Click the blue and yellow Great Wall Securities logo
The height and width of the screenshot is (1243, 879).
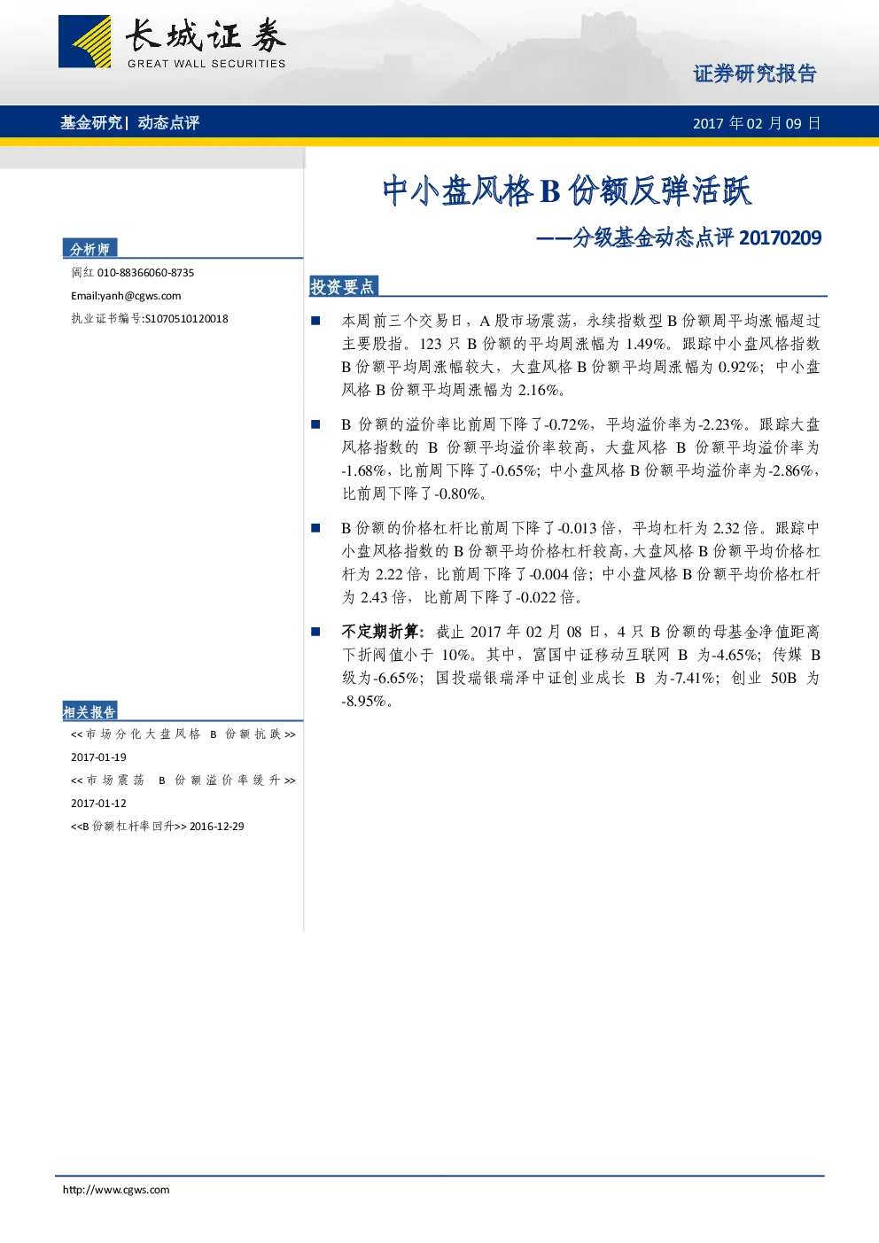(x=84, y=42)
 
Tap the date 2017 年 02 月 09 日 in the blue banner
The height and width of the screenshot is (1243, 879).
(x=757, y=123)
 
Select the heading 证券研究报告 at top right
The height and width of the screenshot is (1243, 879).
(x=755, y=74)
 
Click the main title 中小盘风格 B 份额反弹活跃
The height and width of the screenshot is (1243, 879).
(x=566, y=190)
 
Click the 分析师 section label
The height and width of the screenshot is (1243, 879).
(x=89, y=249)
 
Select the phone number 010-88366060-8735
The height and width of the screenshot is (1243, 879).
(x=145, y=273)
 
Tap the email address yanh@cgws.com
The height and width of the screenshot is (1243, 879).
(x=140, y=296)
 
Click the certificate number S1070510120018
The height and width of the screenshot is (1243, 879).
(x=186, y=319)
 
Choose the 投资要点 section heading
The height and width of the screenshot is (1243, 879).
(x=342, y=286)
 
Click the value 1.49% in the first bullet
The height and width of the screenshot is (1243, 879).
(x=646, y=344)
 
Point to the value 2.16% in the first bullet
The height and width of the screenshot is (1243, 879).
(x=538, y=390)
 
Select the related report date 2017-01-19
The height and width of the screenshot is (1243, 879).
(x=98, y=757)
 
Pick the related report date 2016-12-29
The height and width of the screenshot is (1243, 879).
(x=217, y=827)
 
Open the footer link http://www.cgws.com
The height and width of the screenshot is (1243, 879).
(x=116, y=1190)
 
